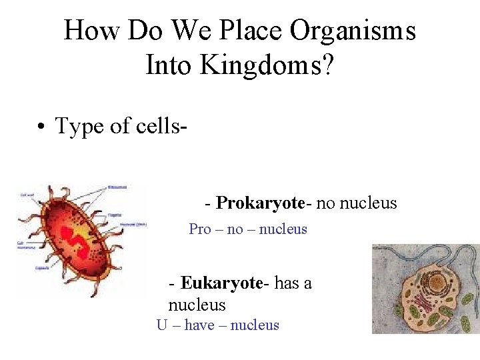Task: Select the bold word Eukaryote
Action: click(x=222, y=283)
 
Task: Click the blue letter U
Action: click(x=162, y=325)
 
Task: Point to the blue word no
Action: click(x=235, y=229)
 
